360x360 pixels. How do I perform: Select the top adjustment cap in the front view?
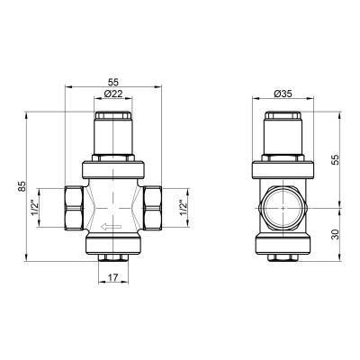pos(113,121)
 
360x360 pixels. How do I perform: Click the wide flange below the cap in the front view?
pos(113,166)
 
